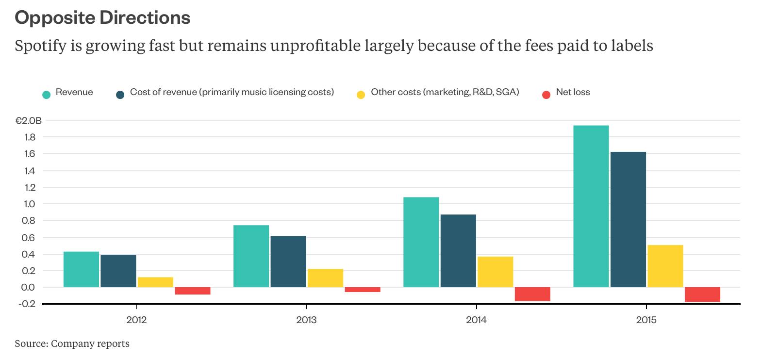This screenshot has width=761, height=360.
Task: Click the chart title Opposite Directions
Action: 102,18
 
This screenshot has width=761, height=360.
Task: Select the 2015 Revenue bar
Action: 591,206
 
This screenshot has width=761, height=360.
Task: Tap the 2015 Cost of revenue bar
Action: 628,219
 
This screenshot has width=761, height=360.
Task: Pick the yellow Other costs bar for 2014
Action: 495,272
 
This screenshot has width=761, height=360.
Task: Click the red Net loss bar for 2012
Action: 192,291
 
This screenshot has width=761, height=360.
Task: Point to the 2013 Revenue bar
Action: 251,256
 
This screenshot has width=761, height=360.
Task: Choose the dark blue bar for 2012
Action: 118,271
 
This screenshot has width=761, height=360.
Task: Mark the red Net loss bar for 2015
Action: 702,295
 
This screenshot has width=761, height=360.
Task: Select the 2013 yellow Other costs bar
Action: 325,278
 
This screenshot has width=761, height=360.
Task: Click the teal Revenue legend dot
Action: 47,95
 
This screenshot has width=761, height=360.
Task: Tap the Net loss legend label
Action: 573,92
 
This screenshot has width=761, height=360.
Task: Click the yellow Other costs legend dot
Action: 361,95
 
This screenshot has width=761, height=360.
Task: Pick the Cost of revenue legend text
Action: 232,92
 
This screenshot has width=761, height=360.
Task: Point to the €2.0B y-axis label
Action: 28,121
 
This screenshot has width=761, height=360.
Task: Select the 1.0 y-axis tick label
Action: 29,204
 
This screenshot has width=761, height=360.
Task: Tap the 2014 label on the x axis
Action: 476,320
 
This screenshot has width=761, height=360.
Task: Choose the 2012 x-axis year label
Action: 136,320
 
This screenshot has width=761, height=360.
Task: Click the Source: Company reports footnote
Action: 72,344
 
